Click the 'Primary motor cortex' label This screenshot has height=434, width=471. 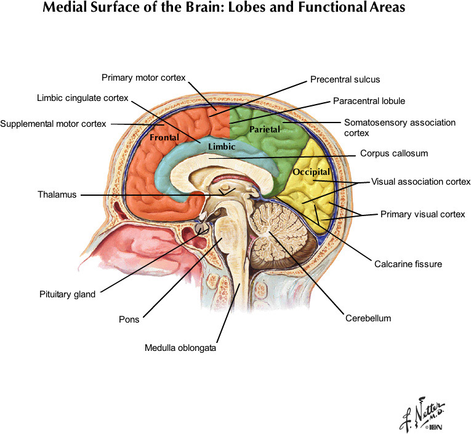point(143,78)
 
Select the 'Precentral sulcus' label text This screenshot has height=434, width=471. point(345,79)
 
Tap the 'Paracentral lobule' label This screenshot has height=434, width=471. point(369,100)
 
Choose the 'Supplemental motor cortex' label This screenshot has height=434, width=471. point(53,124)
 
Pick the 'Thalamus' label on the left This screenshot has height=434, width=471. point(57,195)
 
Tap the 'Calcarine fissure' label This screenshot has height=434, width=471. point(408,264)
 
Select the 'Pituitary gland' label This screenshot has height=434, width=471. point(68,294)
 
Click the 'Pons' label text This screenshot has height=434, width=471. point(129,319)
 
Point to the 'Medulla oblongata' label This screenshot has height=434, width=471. point(180,348)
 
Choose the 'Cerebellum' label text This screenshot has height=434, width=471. point(368,318)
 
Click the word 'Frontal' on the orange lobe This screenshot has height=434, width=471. point(164,139)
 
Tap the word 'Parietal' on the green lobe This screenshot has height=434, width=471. point(265,129)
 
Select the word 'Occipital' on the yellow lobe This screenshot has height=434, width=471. point(312,171)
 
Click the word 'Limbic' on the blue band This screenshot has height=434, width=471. point(221,147)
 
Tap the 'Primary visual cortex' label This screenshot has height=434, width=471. point(422,214)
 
